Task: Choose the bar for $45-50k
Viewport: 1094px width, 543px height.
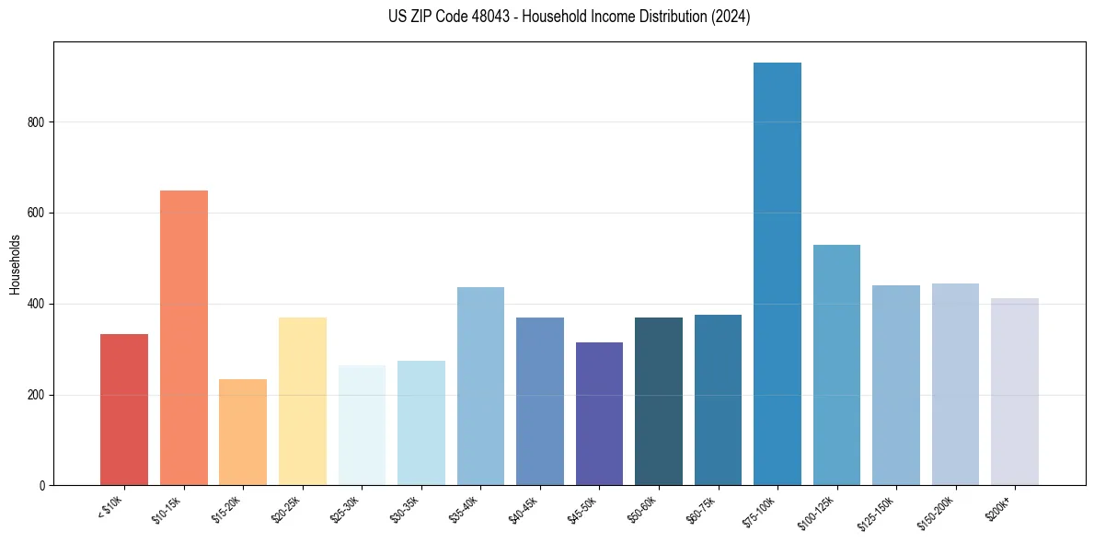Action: [599, 414]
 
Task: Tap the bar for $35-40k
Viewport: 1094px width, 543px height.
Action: [480, 387]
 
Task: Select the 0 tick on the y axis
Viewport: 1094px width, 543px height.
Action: [42, 485]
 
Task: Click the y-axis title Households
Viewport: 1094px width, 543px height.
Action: [16, 264]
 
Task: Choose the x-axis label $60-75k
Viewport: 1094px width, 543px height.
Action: [702, 509]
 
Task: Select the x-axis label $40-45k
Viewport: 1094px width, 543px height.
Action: [524, 509]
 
